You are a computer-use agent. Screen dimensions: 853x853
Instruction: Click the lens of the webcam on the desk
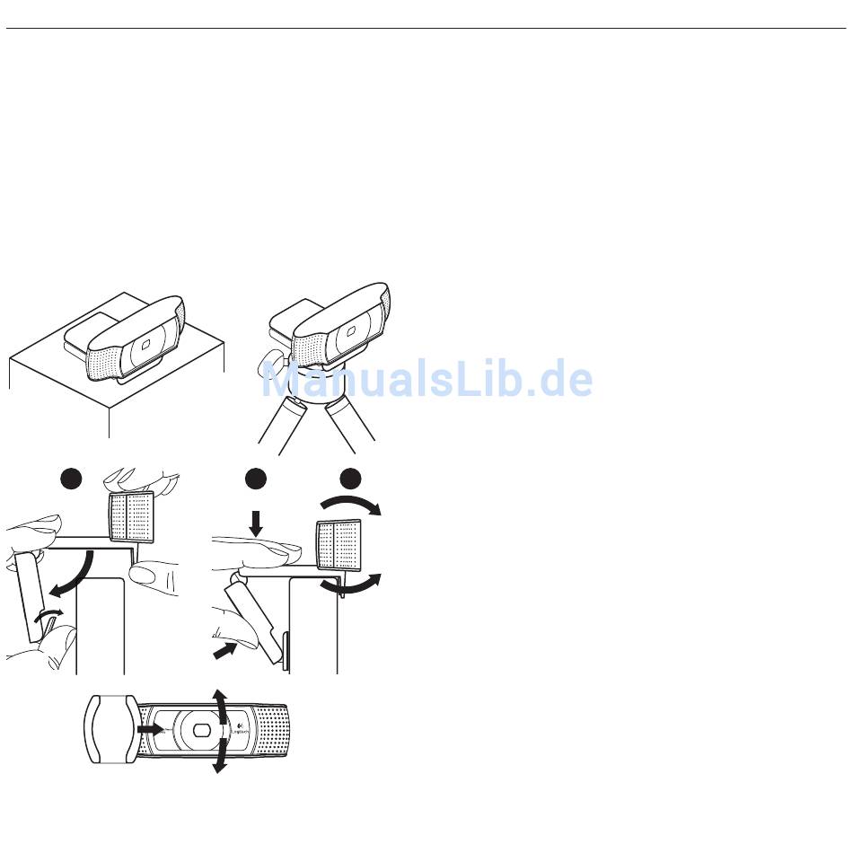(145, 345)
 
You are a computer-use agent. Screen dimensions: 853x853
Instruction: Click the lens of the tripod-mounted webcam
(350, 330)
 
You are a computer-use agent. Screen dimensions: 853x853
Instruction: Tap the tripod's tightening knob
(270, 359)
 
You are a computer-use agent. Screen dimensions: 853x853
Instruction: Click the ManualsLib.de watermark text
(427, 379)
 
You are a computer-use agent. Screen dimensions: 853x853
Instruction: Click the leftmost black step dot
(71, 479)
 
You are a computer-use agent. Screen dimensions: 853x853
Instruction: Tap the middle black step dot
(256, 479)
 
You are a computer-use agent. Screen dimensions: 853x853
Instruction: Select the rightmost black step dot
(350, 479)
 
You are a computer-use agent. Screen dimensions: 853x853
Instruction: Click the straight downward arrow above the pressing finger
(256, 523)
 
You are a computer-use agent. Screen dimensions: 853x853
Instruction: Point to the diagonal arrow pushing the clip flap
(225, 651)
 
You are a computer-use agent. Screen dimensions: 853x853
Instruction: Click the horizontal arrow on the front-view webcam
(150, 728)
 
